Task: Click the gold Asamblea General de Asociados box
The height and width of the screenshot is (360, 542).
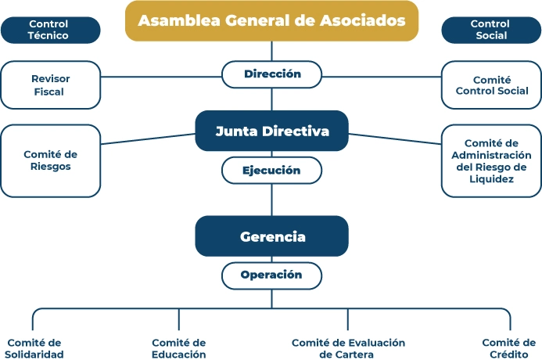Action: tap(271, 20)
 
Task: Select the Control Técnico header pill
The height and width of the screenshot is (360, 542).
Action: tap(50, 30)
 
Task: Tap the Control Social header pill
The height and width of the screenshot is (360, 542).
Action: tap(491, 30)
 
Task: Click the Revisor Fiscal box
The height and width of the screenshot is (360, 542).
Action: tap(50, 85)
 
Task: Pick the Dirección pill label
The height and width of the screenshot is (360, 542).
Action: tap(271, 74)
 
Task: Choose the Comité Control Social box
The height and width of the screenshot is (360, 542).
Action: tap(491, 85)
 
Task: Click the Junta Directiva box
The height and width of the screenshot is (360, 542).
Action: tap(271, 131)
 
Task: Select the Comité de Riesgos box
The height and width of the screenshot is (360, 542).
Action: tap(50, 160)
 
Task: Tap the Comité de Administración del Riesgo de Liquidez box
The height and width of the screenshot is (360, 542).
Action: tap(491, 160)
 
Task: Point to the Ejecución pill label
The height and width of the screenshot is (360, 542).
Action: tap(271, 170)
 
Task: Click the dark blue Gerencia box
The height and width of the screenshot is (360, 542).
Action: tap(271, 236)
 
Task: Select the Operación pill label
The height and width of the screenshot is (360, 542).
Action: tap(271, 275)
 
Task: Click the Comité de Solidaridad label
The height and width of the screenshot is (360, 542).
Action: tap(34, 348)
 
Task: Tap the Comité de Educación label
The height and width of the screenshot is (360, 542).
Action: tap(178, 348)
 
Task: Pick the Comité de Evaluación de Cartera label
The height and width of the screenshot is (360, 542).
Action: tap(348, 348)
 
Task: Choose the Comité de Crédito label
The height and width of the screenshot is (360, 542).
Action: tap(508, 348)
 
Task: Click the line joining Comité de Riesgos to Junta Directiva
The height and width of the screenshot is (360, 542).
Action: tap(149, 139)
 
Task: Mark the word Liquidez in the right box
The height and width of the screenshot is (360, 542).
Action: tap(490, 179)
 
